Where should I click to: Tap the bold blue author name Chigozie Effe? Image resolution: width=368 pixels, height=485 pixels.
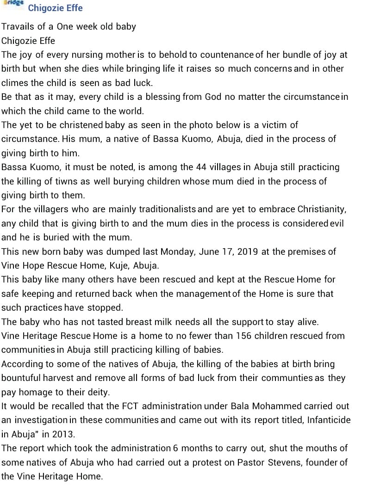pos(55,8)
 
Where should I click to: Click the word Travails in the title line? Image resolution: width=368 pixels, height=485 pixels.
pos(18,26)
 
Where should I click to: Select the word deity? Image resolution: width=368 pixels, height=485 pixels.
pos(96,392)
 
